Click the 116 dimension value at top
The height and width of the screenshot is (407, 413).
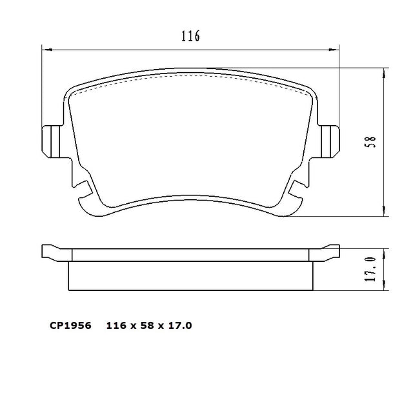tap(190, 36)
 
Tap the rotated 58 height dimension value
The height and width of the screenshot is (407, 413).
tap(370, 142)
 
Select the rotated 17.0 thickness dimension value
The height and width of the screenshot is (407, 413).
tap(370, 269)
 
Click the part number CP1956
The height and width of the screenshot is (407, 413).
tap(70, 326)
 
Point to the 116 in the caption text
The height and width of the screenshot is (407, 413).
tap(117, 326)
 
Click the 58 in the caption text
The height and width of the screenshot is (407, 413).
tap(147, 326)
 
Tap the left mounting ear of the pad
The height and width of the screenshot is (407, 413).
tap(51, 142)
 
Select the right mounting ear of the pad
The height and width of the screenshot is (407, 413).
tap(330, 142)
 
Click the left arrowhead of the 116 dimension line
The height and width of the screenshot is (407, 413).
tap(47, 49)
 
